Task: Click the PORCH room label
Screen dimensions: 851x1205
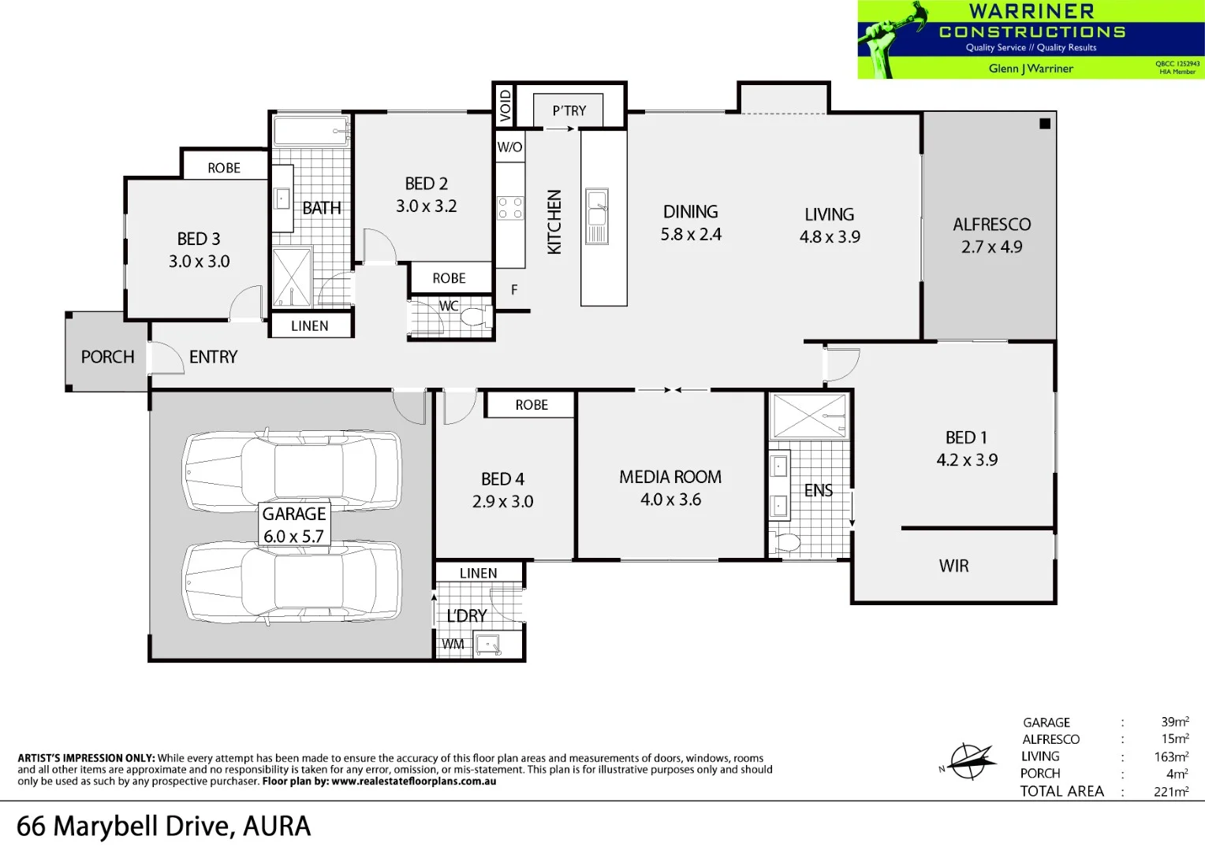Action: (x=107, y=357)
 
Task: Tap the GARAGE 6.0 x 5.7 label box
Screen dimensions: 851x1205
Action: (x=294, y=525)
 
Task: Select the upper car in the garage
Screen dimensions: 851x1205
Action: (x=292, y=471)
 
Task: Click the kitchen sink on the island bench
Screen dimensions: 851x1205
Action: (x=597, y=216)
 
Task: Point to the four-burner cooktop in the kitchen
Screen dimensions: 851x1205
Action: (x=510, y=208)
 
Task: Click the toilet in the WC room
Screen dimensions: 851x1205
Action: (x=474, y=318)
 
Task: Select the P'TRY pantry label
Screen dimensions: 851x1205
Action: (x=569, y=111)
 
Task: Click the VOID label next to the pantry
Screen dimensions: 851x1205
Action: (x=505, y=106)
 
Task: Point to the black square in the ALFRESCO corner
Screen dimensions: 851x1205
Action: (x=1045, y=124)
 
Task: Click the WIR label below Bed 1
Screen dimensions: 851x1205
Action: (x=953, y=566)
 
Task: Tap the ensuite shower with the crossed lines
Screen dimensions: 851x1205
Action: (x=810, y=416)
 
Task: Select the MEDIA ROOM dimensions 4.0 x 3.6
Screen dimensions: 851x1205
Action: (x=670, y=500)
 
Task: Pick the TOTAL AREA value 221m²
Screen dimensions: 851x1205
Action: (x=1171, y=792)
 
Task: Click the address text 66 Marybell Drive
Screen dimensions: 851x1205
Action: (x=163, y=827)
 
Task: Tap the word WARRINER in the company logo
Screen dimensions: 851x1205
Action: (x=1032, y=11)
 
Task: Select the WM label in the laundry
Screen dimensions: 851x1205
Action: (x=453, y=645)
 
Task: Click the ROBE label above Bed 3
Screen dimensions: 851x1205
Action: (x=224, y=168)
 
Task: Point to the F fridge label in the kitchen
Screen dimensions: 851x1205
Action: (x=514, y=290)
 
